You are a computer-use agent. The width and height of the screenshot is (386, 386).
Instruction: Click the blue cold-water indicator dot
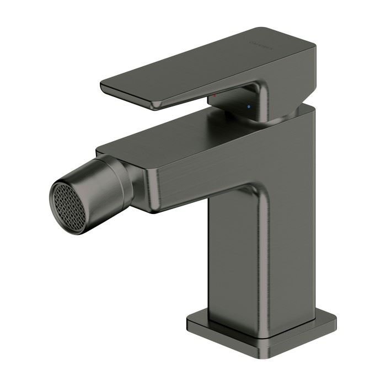249,105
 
